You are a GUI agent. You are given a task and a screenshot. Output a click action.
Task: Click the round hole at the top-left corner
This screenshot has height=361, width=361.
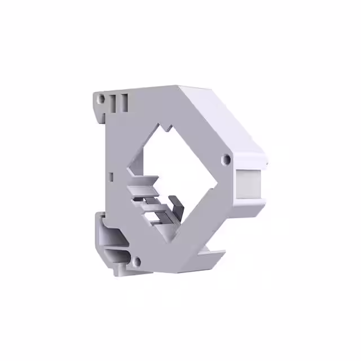point(102,99)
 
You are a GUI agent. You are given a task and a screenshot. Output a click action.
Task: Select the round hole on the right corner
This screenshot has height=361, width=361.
point(227,160)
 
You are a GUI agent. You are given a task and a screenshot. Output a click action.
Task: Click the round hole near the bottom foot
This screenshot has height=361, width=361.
point(136,261)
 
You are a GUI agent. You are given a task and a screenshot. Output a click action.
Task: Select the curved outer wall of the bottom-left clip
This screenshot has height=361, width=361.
point(104,237)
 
